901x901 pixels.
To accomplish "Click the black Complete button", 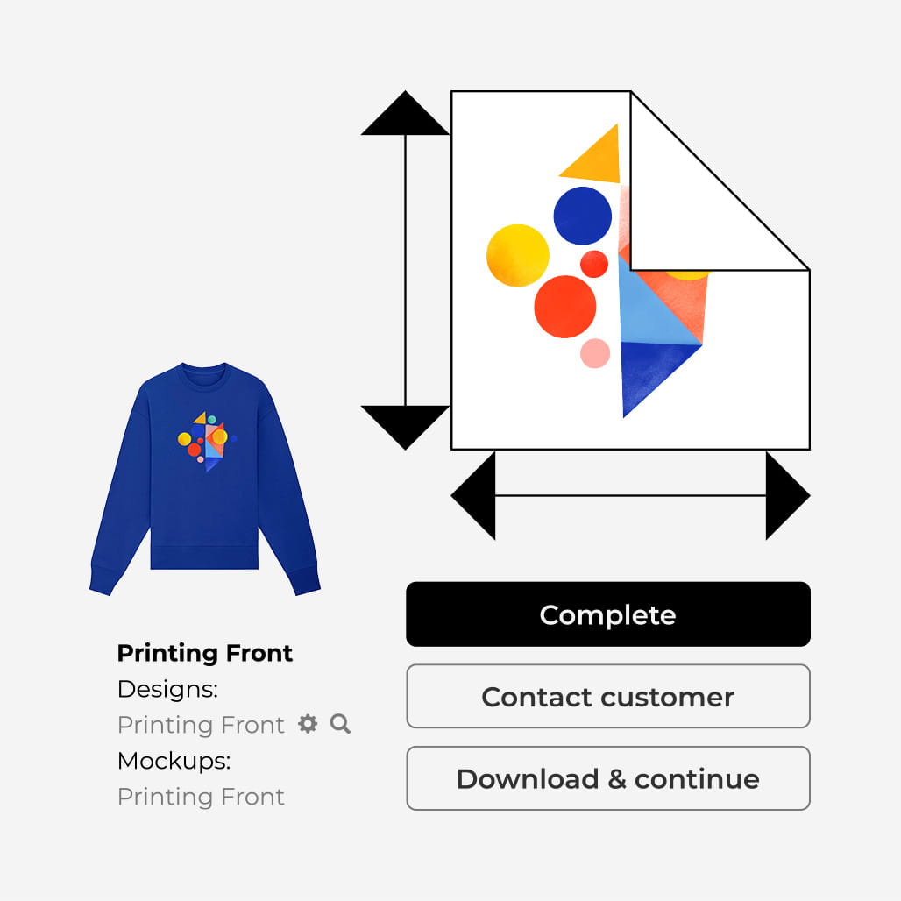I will (607, 614).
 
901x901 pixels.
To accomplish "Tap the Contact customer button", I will (607, 697).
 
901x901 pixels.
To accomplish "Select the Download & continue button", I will (607, 778).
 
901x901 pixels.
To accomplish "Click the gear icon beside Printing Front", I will (308, 724).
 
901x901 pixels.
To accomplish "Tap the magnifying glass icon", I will (340, 724).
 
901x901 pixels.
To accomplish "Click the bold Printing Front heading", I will (205, 653).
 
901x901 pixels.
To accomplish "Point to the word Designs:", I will (167, 689).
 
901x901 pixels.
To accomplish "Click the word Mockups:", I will (174, 761).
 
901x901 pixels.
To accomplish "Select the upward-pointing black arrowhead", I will (405, 115).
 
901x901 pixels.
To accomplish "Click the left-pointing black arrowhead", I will (476, 495).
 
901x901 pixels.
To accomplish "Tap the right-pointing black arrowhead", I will (785, 495).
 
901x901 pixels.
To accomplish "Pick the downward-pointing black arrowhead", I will (405, 426).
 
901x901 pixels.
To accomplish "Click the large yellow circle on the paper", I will (518, 256).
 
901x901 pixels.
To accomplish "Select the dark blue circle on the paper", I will (583, 216).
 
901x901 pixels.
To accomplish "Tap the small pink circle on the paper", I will (595, 353).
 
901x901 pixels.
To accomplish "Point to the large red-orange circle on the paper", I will (565, 307).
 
